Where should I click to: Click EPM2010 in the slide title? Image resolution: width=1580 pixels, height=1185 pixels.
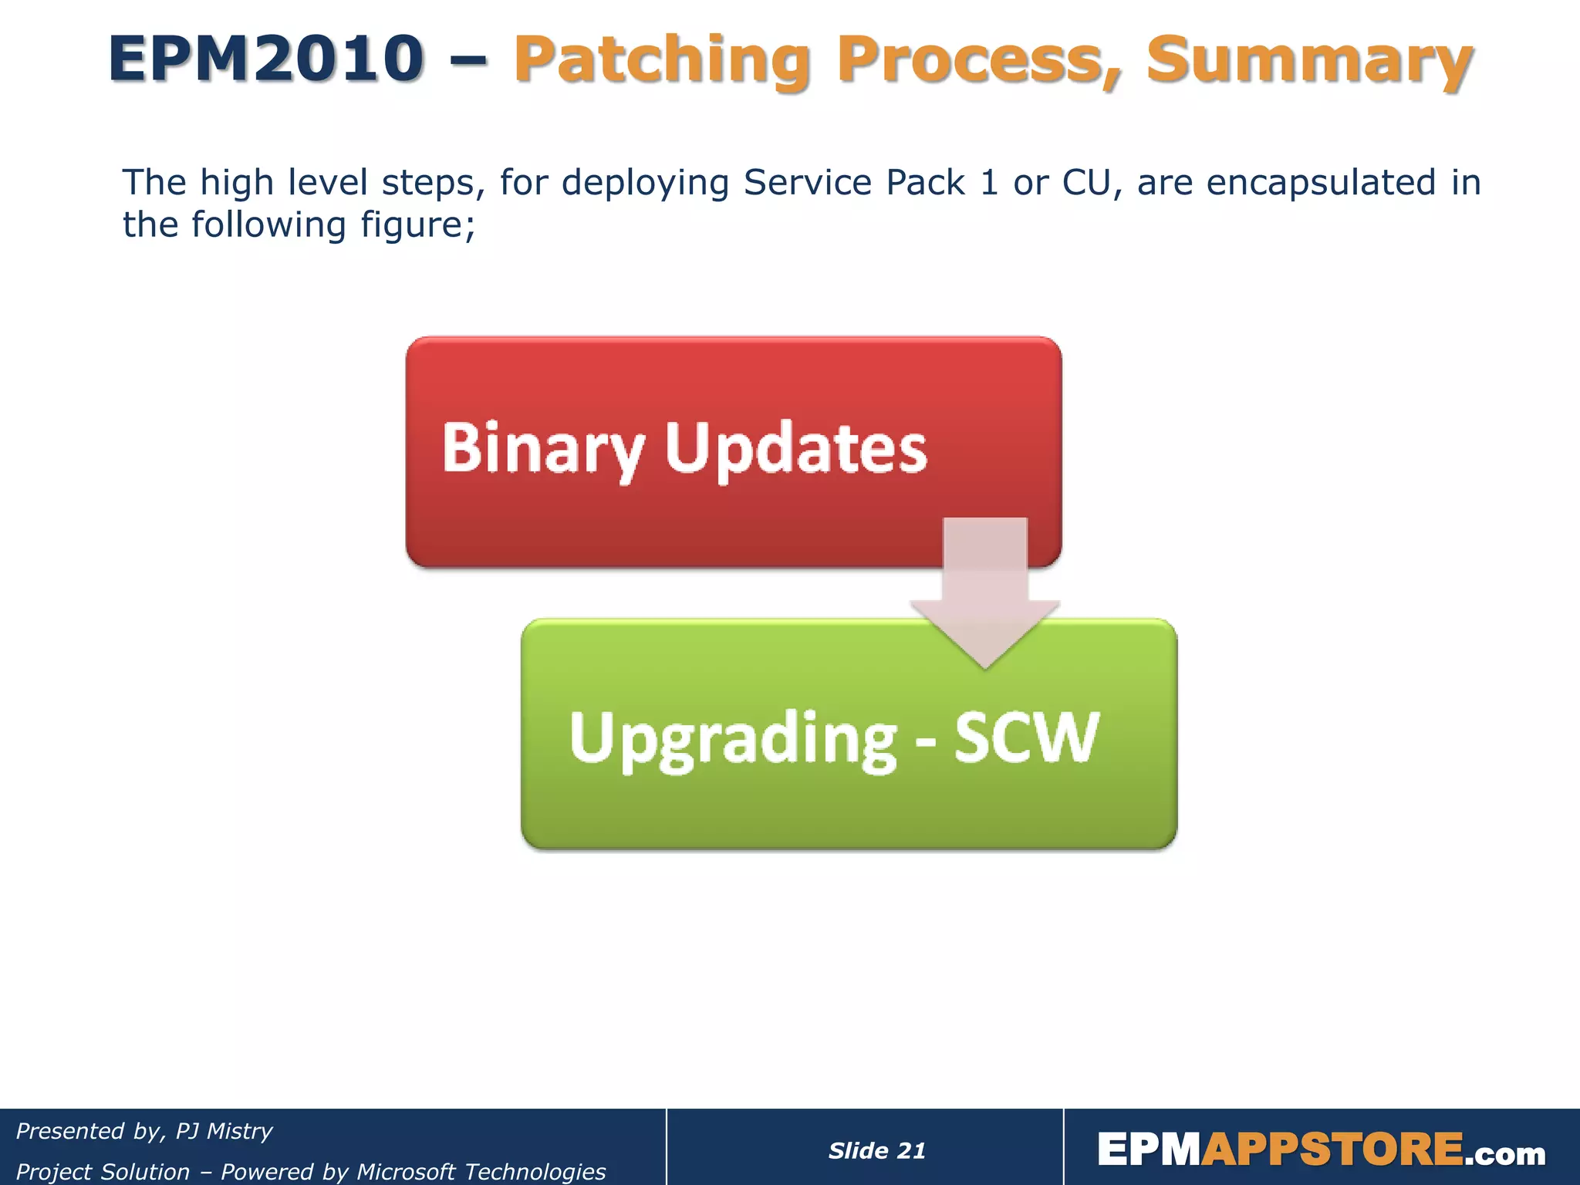[x=266, y=59]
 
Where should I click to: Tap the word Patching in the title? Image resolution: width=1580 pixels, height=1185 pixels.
[x=662, y=60]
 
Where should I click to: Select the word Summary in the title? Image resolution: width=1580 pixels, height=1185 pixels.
[x=1309, y=60]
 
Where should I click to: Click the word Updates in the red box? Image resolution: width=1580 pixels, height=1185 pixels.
[x=796, y=449]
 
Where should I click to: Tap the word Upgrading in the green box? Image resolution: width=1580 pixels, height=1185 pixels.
[x=733, y=738]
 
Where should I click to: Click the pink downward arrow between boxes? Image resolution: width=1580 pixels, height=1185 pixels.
[x=985, y=594]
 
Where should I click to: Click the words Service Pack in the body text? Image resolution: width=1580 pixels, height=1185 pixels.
[x=853, y=183]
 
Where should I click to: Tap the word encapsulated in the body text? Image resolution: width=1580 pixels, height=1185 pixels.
[x=1321, y=183]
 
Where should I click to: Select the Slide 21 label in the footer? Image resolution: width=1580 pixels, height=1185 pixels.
[x=876, y=1150]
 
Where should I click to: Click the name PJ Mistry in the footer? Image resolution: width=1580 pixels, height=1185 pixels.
[x=224, y=1131]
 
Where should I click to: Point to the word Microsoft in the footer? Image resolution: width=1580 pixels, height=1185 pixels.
[x=406, y=1171]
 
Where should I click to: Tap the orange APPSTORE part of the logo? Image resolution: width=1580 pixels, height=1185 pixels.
[x=1332, y=1150]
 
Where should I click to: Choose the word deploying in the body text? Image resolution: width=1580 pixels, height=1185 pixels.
[x=645, y=183]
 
